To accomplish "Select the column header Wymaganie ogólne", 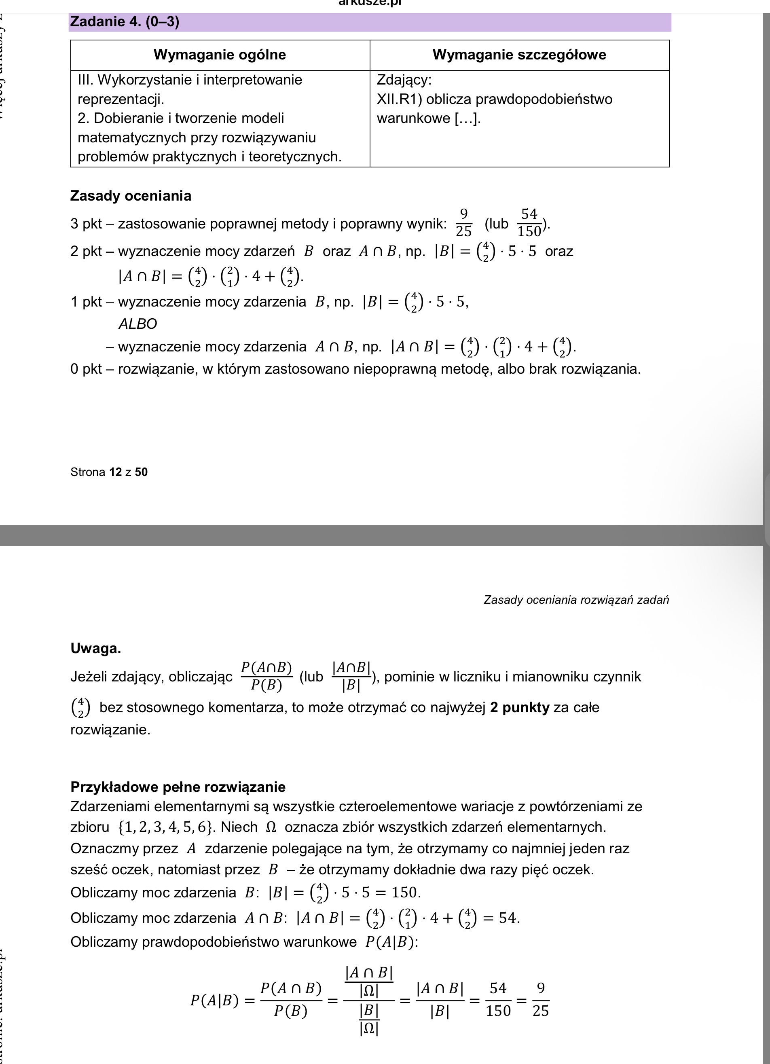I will pos(220,55).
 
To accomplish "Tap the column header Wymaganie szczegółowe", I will pos(519,55).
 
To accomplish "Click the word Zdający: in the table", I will pos(404,80).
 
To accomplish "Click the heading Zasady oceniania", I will pos(131,196).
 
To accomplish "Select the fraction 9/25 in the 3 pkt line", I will pos(463,223).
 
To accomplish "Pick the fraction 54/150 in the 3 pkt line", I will pos(529,223).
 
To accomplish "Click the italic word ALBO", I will pos(137,324).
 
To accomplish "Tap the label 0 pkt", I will pos(86,369).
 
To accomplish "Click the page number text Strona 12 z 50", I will pos(109,472).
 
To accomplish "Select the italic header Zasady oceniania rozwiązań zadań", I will pos(576,600).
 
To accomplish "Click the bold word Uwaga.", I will pos(96,648).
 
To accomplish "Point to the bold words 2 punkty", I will pos(519,707).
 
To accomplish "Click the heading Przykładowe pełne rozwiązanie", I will pos(178,787).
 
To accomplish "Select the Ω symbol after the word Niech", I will pos(271,827).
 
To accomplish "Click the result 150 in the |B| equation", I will pos(404,892).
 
